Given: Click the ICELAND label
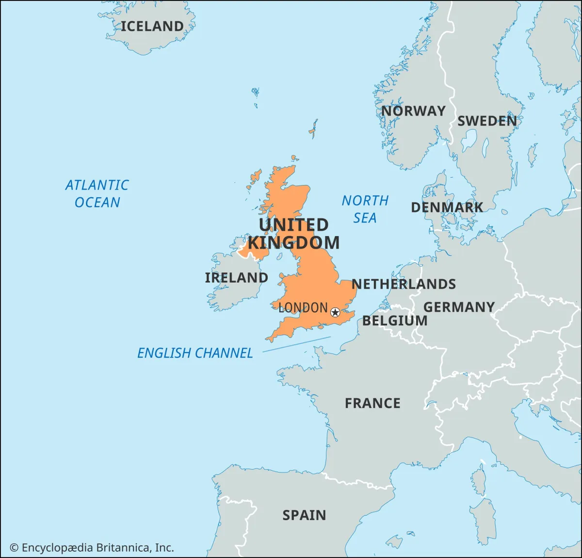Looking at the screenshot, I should tap(152, 26).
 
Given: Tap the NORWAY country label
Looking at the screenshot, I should tap(413, 111).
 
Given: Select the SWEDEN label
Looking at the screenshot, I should tap(487, 121).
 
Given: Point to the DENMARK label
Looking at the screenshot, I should tap(447, 207).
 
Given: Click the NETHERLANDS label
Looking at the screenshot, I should tap(404, 284).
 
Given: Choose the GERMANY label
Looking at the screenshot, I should tap(459, 307).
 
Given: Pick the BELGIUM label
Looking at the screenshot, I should tap(395, 321).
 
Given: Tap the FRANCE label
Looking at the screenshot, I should tap(372, 403).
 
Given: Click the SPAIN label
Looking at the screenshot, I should tap(304, 515).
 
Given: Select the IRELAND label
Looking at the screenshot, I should tap(236, 278).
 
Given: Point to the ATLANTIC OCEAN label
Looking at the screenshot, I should tap(97, 193).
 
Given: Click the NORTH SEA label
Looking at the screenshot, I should tap(365, 209).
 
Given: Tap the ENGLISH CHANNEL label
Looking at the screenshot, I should tap(195, 353).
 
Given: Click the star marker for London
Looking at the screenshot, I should tap(335, 312).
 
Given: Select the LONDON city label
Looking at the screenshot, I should tap(303, 308).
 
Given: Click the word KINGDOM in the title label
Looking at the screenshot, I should tap(293, 242).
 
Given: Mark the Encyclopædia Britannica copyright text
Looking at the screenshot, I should tap(92, 548).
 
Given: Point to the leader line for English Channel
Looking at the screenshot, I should tap(296, 344).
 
